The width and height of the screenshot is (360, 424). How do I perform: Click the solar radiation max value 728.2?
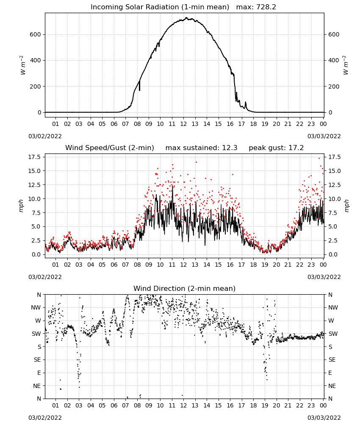click(266, 7)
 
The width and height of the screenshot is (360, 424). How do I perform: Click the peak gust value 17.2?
click(296, 148)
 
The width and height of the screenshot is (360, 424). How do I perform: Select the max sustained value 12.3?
click(230, 148)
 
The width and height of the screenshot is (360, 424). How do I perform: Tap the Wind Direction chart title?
click(185, 288)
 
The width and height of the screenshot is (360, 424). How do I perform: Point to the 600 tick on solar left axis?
click(36, 34)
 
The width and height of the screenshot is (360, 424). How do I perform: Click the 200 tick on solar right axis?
click(334, 86)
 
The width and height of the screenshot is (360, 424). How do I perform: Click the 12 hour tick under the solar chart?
click(183, 124)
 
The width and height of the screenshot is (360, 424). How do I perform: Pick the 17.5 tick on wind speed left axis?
click(34, 157)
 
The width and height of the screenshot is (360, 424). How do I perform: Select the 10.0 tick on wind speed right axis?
click(334, 199)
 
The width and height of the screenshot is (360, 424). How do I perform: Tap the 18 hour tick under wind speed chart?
click(253, 265)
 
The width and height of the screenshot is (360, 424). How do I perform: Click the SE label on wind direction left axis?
click(37, 360)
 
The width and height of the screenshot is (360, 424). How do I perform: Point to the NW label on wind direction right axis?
click(333, 307)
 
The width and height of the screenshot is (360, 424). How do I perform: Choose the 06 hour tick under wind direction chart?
click(114, 405)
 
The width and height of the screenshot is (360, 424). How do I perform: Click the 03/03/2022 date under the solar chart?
click(324, 136)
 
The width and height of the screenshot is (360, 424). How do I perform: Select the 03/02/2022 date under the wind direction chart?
click(45, 418)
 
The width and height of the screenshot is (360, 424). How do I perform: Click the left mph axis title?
click(21, 206)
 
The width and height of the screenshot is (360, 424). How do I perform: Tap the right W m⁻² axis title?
click(346, 65)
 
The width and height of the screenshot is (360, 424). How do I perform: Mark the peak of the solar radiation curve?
click(186, 18)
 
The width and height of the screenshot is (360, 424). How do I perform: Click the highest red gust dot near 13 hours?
click(196, 162)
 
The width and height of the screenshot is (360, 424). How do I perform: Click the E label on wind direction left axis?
click(39, 373)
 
